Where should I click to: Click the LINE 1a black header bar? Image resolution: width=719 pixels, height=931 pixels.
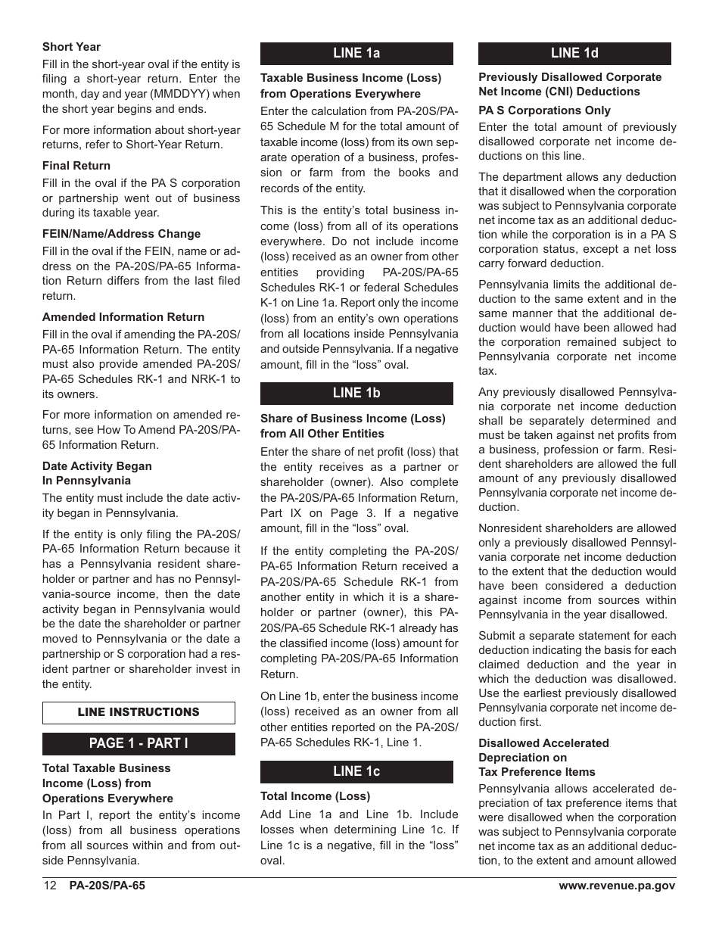click(x=356, y=53)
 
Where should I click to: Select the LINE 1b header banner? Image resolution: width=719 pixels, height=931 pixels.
click(x=356, y=394)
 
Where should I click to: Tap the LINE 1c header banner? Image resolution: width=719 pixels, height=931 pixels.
click(x=356, y=771)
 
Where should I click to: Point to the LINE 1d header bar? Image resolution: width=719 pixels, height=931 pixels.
click(x=574, y=53)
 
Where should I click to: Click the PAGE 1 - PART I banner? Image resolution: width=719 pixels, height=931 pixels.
click(x=139, y=743)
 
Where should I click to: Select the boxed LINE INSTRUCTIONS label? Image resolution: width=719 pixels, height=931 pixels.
click(x=139, y=713)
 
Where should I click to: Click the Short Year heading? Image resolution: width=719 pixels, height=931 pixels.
click(x=71, y=47)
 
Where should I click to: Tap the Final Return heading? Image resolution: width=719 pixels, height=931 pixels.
click(x=76, y=166)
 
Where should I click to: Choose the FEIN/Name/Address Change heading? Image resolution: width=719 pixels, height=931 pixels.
click(x=121, y=234)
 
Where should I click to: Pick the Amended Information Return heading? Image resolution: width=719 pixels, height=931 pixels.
click(x=123, y=317)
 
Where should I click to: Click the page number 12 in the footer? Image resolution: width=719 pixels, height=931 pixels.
click(x=50, y=886)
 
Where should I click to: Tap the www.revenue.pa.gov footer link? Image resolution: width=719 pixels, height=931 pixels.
click(x=617, y=886)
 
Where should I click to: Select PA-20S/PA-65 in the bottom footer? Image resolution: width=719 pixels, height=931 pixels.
click(x=107, y=886)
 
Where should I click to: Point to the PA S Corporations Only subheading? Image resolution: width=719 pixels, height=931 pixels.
click(x=544, y=111)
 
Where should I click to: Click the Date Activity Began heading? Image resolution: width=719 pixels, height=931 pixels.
click(x=97, y=466)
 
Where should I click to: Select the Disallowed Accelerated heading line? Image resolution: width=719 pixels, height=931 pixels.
click(x=543, y=743)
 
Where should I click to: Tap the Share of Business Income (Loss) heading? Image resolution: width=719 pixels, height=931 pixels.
click(x=353, y=419)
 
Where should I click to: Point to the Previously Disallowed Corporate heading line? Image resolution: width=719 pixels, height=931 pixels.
click(x=569, y=77)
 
